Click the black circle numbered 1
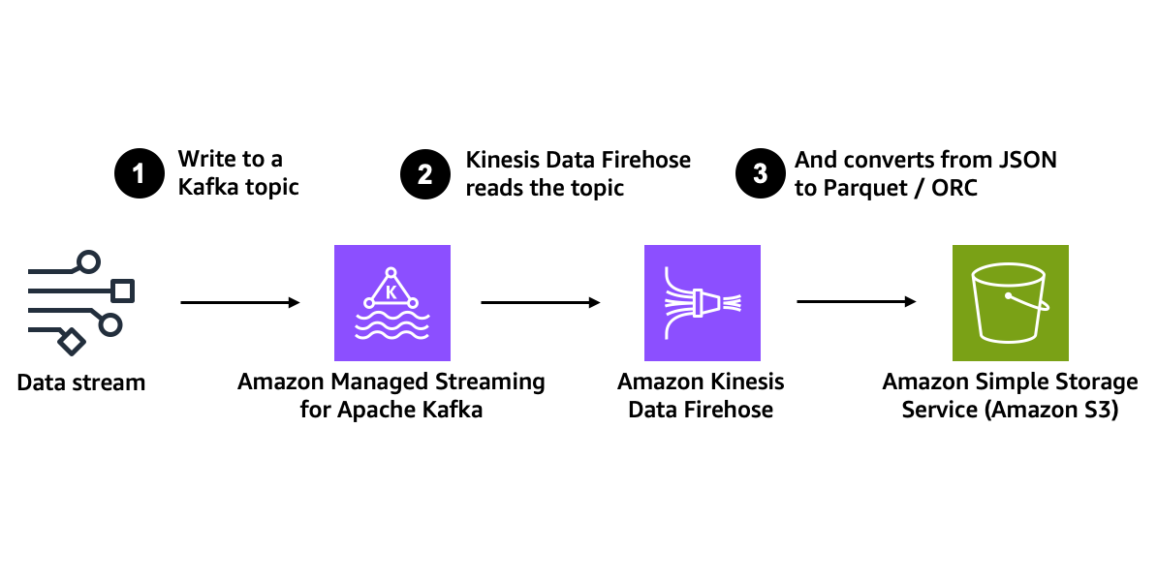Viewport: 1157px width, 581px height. click(x=139, y=173)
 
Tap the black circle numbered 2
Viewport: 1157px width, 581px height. click(x=424, y=173)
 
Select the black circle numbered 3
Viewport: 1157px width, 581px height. click(x=760, y=173)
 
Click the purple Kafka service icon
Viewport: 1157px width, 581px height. click(x=391, y=302)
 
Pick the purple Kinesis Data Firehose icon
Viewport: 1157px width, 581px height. click(x=702, y=302)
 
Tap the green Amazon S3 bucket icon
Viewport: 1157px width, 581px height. click(x=1010, y=302)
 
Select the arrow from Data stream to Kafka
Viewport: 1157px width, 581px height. click(x=240, y=303)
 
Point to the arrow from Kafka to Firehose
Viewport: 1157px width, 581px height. click(x=541, y=303)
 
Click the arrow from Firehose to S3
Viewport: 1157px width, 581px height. click(x=857, y=302)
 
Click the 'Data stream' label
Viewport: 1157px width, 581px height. click(x=81, y=382)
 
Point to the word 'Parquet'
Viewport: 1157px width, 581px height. click(x=865, y=188)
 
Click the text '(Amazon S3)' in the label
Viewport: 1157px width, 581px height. click(x=1056, y=410)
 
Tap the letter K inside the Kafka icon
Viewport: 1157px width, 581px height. click(x=391, y=290)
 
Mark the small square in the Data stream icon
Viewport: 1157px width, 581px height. click(x=123, y=290)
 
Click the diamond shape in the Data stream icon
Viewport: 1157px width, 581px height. click(x=71, y=341)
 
